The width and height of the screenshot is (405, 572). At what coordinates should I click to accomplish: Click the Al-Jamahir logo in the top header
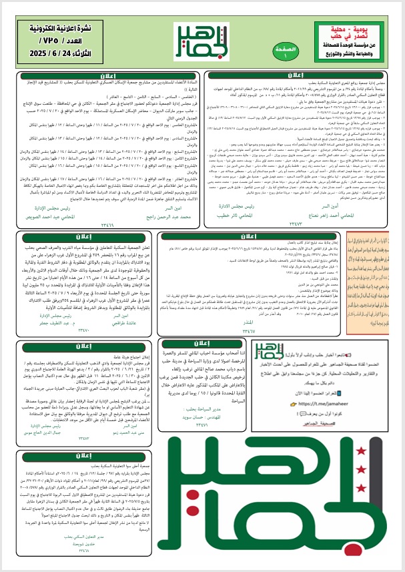point(201,42)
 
